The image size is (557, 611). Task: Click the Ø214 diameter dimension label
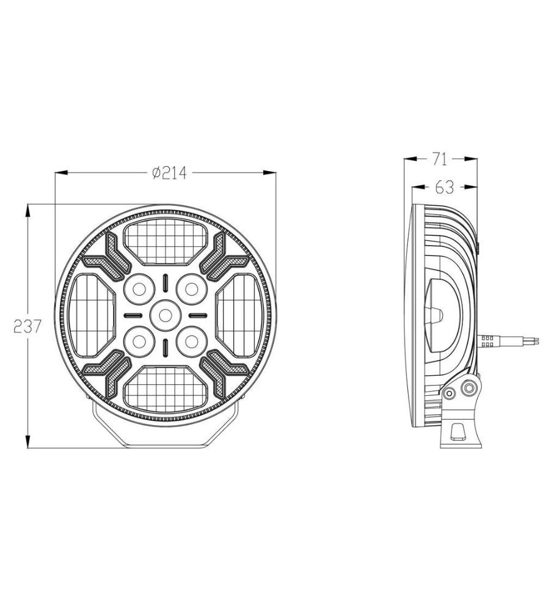(169, 173)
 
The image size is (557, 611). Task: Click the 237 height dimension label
(27, 326)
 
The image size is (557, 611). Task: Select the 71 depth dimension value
(440, 159)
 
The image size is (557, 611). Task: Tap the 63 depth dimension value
(445, 188)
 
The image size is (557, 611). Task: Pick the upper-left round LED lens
(139, 289)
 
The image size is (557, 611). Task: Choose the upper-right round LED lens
(191, 289)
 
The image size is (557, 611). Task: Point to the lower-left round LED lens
(139, 342)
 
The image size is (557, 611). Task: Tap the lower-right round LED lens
(191, 342)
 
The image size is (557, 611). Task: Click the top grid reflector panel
(165, 241)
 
